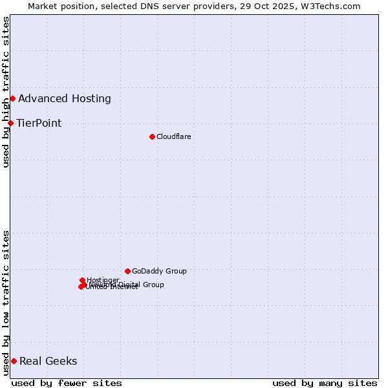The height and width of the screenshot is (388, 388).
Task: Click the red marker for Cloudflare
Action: coord(152,136)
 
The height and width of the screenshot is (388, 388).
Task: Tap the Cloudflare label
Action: coord(173,136)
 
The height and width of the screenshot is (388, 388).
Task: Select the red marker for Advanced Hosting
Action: coord(12,98)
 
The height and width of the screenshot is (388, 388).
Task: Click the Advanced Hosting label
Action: coord(65,99)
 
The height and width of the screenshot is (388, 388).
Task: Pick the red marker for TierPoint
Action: coord(10,123)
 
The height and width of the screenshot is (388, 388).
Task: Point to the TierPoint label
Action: coord(39,124)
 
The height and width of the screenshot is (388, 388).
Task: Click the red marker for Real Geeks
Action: coord(14,361)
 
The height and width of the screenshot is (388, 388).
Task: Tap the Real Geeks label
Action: coord(48,361)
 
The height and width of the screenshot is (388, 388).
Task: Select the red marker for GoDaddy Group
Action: coord(127,271)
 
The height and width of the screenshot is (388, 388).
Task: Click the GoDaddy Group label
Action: coord(159,271)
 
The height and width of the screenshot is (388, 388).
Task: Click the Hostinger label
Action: coord(103,280)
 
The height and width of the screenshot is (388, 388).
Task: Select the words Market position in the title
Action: coord(58,6)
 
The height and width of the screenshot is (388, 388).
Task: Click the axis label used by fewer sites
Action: coord(67,383)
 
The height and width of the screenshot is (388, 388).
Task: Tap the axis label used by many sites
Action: coord(325,383)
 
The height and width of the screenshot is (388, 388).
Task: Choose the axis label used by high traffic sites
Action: coord(6,92)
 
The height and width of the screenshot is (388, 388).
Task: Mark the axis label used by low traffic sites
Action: coord(6,303)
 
